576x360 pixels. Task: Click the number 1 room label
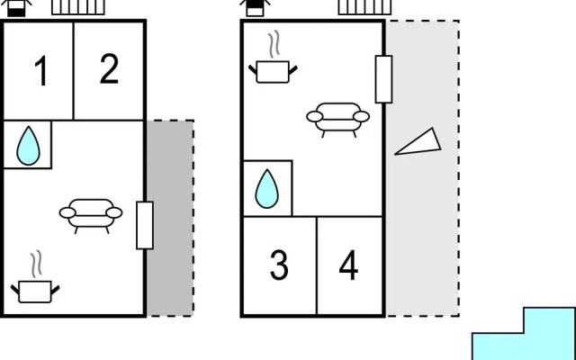pos(41,71)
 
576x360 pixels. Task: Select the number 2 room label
pos(109,68)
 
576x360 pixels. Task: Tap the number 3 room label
pos(279,265)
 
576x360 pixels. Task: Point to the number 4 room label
pos(348,265)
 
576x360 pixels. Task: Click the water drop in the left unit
pos(28,146)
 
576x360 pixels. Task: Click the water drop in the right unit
pos(266,189)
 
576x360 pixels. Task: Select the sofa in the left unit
pos(91,216)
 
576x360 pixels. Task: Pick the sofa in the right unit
pos(338,120)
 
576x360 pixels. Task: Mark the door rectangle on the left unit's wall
pos(145,225)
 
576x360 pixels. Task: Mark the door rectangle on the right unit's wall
pos(383,79)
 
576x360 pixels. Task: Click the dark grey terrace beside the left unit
pos(170,218)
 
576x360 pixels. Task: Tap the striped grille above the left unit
pos(78,7)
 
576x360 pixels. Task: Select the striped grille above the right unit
pos(364,7)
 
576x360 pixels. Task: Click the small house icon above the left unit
pos(16,8)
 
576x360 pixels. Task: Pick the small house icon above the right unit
pos(255,8)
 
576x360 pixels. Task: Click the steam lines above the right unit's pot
pos(274,44)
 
